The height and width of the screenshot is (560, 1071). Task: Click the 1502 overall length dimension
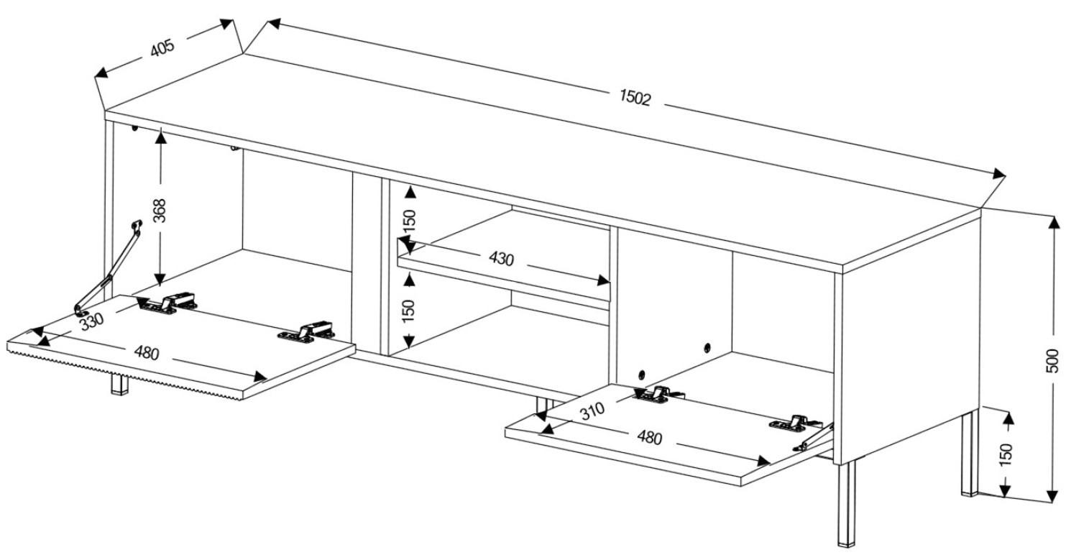click(x=635, y=98)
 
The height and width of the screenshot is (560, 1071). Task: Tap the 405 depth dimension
click(x=163, y=48)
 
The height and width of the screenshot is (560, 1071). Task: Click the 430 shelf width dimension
click(x=501, y=259)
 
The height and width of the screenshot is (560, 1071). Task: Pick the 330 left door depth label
click(x=91, y=322)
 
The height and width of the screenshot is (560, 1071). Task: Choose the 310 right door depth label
click(x=592, y=410)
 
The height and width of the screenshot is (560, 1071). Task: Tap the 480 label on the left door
click(x=146, y=353)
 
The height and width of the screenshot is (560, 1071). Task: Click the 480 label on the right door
click(x=649, y=437)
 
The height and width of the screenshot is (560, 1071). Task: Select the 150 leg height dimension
click(x=1006, y=455)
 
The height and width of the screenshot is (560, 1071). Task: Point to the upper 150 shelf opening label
click(x=410, y=221)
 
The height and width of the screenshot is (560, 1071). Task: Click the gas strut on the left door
click(x=108, y=268)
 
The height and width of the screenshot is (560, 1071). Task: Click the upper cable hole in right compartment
click(x=707, y=348)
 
